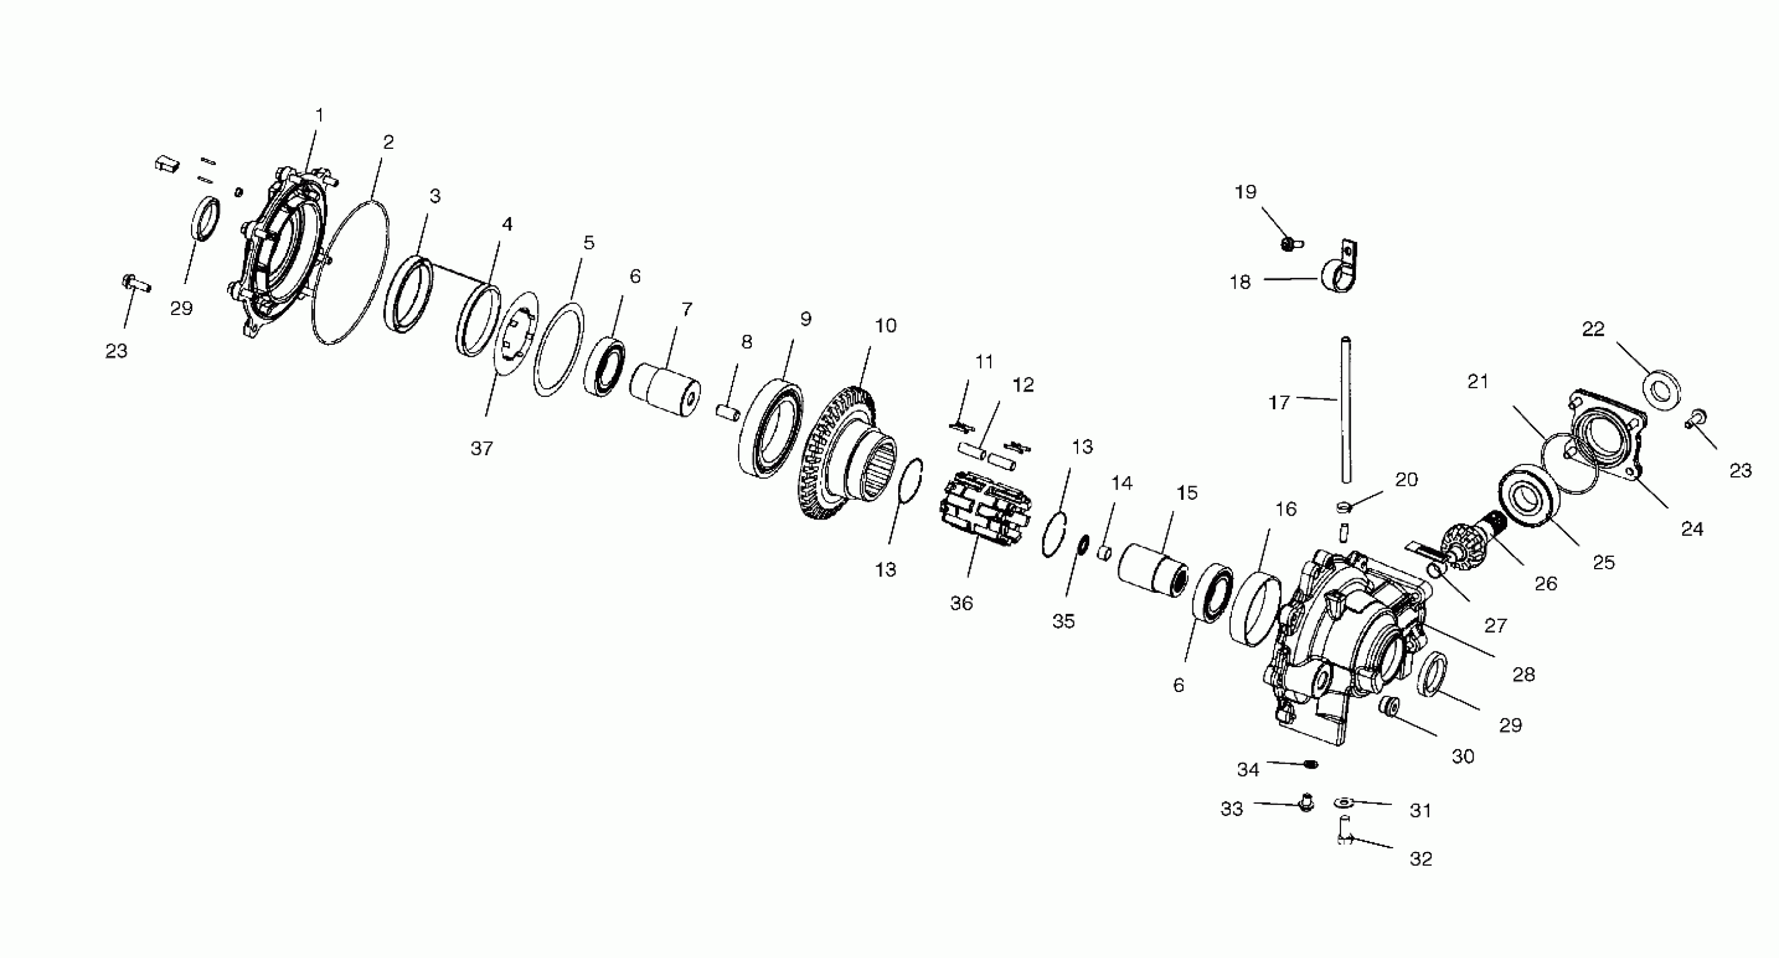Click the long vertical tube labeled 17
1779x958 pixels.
(x=1345, y=410)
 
